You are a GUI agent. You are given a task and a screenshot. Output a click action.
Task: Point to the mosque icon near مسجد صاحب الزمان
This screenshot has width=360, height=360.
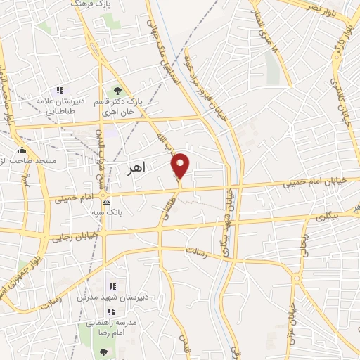point(22,150)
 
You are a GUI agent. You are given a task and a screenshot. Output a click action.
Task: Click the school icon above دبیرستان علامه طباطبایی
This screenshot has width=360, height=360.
point(60,90)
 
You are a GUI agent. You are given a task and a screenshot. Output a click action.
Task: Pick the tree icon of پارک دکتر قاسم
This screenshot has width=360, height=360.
point(117,90)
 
